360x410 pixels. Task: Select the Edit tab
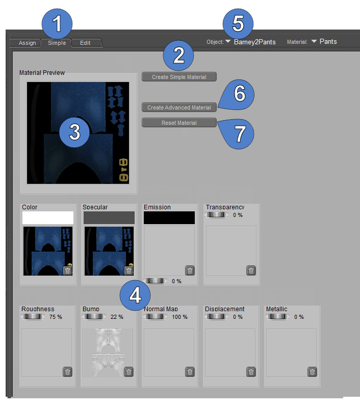86,43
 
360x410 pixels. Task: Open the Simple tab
57,43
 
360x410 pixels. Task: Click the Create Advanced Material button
179,107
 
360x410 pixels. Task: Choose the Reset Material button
179,123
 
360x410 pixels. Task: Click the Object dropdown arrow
227,41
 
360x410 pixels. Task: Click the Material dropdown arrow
314,41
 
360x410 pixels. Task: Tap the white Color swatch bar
48,217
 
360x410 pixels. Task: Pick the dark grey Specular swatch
109,217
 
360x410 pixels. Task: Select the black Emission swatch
169,217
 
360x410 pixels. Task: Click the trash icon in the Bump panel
128,372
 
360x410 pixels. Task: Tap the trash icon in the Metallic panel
312,372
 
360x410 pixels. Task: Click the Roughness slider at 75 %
33,317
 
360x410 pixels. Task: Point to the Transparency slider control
216,215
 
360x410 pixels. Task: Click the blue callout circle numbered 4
135,295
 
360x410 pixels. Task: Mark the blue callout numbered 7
237,134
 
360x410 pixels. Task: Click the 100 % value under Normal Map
179,317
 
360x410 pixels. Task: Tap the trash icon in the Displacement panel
251,372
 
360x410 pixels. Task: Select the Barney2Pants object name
255,42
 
